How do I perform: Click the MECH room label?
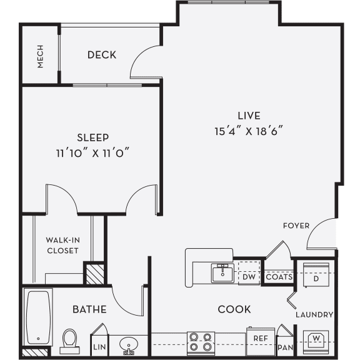point(41,57)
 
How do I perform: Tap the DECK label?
point(102,55)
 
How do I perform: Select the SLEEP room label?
point(93,137)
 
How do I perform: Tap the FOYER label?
point(296,225)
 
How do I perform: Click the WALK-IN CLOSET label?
point(62,245)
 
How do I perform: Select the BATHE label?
point(89,309)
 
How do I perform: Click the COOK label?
point(234,309)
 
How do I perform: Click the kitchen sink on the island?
point(222,273)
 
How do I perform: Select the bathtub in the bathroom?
point(38,317)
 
